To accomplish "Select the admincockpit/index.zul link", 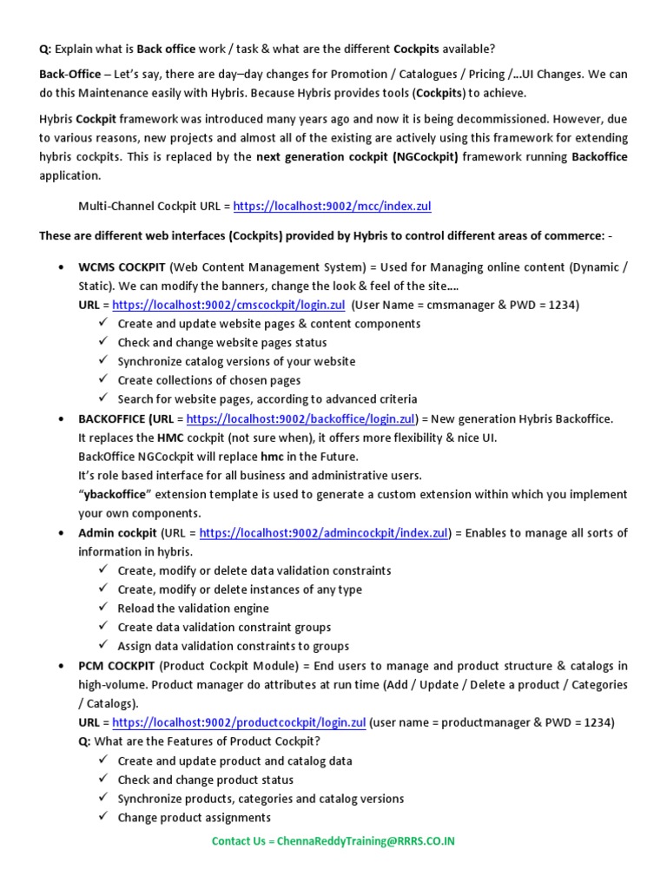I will (x=324, y=533).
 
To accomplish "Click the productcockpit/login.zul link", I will (x=239, y=722).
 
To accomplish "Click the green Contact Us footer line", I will (x=333, y=841).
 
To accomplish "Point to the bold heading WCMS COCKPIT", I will (x=122, y=267).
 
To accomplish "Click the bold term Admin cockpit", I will (x=117, y=533).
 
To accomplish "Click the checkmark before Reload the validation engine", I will (x=102, y=608).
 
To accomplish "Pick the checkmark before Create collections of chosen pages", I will (x=102, y=380).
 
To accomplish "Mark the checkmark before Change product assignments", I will (x=102, y=817).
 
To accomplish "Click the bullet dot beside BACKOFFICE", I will (x=60, y=419).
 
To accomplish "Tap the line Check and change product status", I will (x=205, y=780).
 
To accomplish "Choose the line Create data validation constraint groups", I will (x=224, y=627).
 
